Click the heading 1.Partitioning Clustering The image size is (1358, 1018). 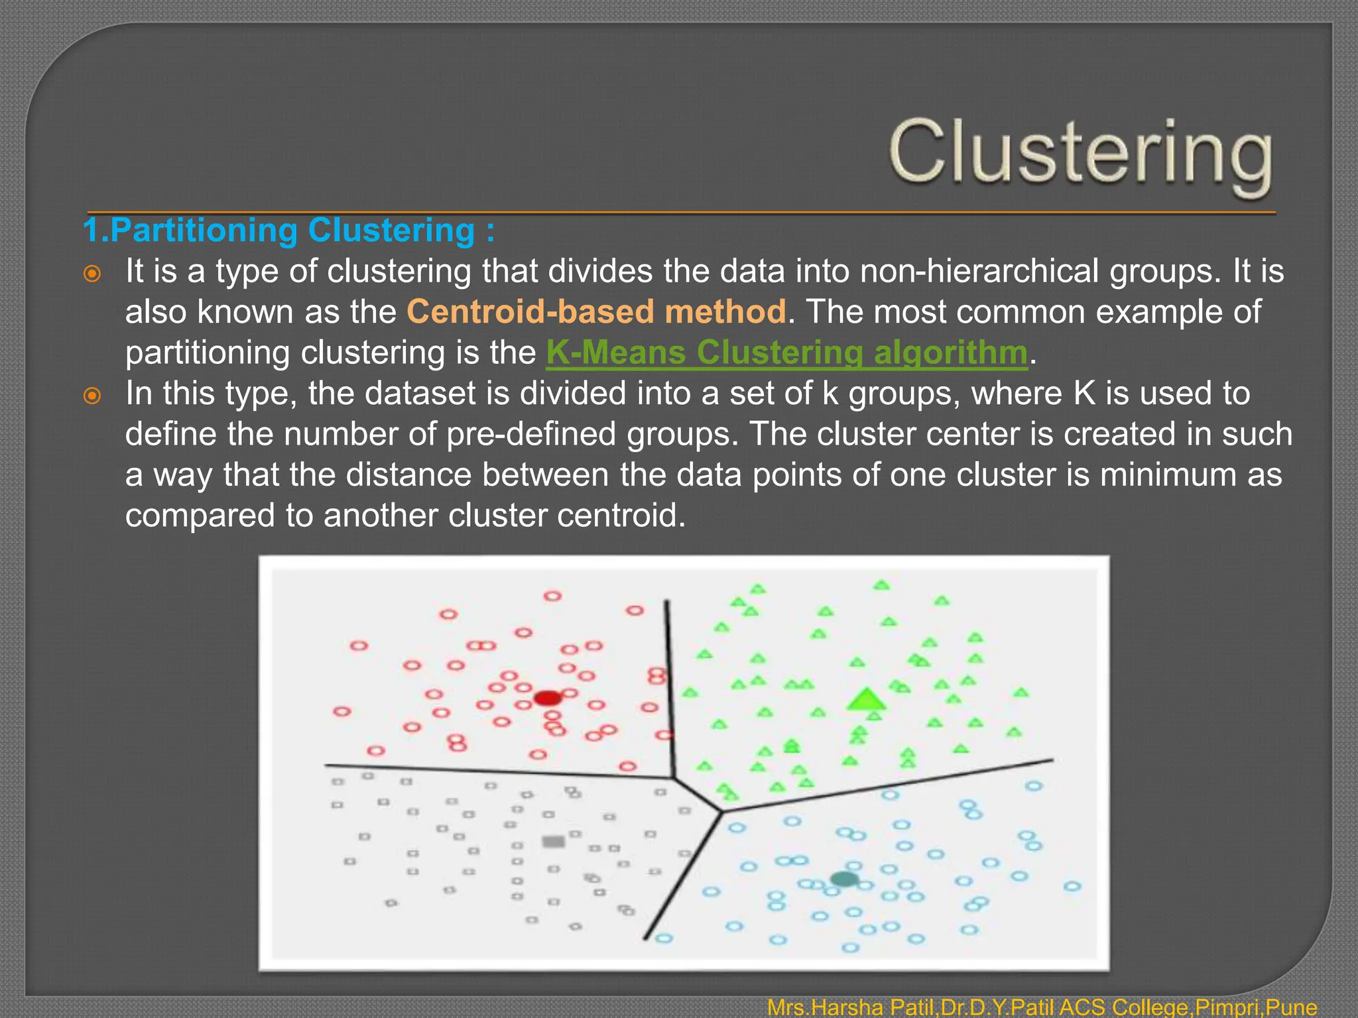point(288,231)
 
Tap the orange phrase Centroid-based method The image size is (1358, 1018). point(595,311)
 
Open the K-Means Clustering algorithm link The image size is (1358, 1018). point(786,353)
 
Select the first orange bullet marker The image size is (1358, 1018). point(92,274)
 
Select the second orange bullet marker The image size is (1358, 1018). point(92,396)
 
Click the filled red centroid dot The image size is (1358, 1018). point(548,698)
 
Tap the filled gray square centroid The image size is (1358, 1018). point(554,842)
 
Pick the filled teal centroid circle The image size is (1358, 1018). point(845,879)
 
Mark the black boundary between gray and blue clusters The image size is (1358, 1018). point(683,875)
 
